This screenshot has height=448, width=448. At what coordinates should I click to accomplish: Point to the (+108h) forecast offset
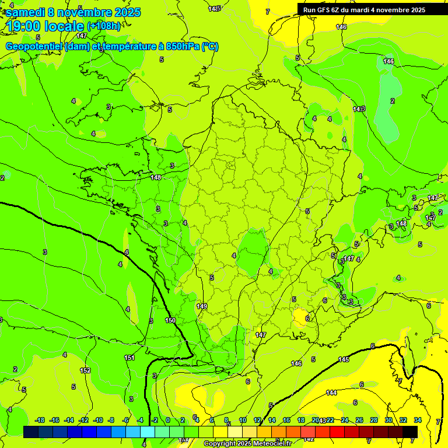click(104, 26)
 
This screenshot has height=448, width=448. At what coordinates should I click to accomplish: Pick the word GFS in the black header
click(323, 10)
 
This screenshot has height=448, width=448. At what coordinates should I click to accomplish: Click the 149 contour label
click(202, 306)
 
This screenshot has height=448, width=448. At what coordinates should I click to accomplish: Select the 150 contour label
click(170, 320)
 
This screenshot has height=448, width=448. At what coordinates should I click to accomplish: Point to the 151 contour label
click(129, 358)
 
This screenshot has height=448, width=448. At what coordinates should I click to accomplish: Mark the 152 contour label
click(85, 370)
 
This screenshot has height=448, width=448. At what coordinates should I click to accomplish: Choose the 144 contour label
click(331, 393)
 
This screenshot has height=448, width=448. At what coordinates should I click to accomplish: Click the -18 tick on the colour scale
click(40, 420)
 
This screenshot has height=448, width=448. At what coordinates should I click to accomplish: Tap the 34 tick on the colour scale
click(418, 420)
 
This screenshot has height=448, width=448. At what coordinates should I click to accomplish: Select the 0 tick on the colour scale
click(168, 420)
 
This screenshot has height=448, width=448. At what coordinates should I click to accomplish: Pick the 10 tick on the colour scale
click(243, 420)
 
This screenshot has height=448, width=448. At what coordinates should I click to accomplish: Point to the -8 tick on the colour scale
click(111, 420)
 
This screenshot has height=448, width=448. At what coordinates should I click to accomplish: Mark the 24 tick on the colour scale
click(345, 420)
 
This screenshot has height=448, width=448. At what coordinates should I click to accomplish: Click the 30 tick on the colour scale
click(388, 420)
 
